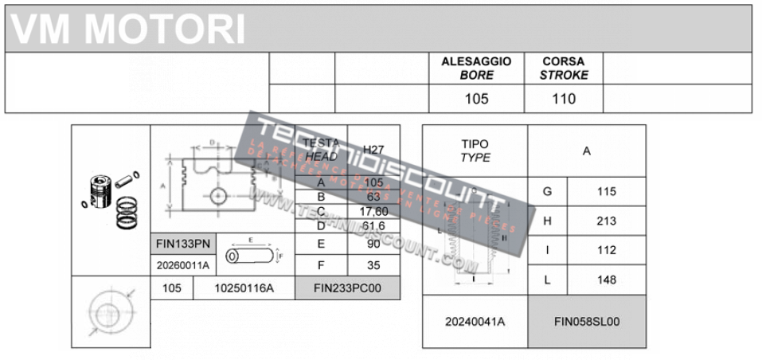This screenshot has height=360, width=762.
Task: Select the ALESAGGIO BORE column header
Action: click(x=476, y=68)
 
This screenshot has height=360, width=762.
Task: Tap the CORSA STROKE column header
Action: click(x=564, y=68)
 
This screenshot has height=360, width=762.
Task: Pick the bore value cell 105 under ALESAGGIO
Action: click(x=476, y=99)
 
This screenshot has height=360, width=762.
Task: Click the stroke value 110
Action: click(x=564, y=99)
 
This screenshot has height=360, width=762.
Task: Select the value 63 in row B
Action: click(x=373, y=196)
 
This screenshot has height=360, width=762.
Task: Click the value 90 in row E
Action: click(x=373, y=244)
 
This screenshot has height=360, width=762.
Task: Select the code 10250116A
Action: click(x=244, y=288)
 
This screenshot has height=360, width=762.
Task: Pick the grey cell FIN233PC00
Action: click(x=347, y=288)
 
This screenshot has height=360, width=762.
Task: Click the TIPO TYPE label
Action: click(x=475, y=151)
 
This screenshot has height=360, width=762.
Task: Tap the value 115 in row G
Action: click(x=606, y=191)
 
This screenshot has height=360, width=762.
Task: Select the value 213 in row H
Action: click(x=606, y=221)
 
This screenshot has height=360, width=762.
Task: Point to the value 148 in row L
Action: click(x=606, y=280)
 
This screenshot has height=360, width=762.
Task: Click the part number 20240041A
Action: click(x=475, y=322)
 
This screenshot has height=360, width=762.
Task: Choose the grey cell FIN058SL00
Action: click(x=587, y=322)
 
